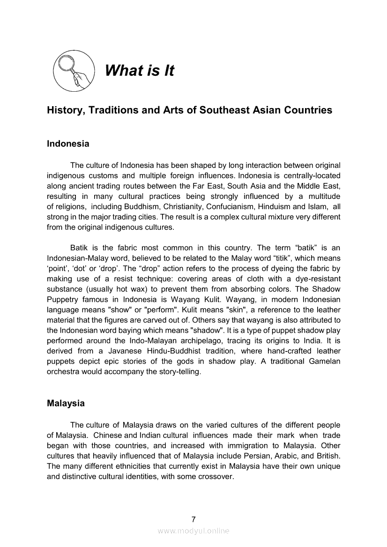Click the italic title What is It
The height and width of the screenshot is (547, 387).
click(x=139, y=71)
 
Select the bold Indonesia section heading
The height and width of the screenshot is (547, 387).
click(x=68, y=144)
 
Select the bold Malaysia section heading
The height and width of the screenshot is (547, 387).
click(x=66, y=403)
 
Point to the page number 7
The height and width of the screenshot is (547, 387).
click(x=193, y=519)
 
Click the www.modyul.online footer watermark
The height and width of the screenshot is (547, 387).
click(x=193, y=531)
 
